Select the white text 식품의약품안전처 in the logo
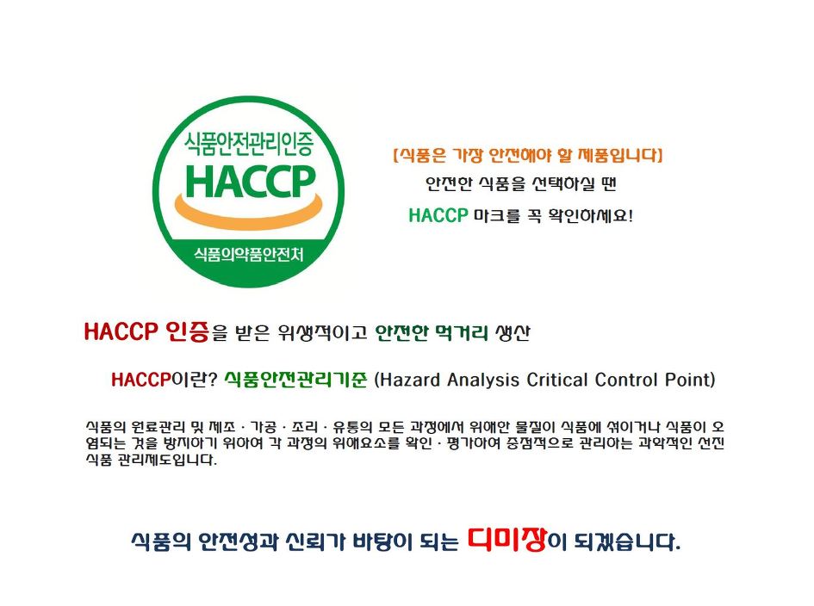tap(249, 254)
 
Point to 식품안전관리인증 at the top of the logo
tap(249, 144)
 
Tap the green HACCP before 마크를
tap(438, 215)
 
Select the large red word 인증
tap(187, 331)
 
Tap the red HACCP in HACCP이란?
tap(140, 380)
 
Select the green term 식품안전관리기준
tap(295, 380)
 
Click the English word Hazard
tap(410, 380)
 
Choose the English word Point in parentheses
tap(687, 380)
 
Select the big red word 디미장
tap(507, 539)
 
